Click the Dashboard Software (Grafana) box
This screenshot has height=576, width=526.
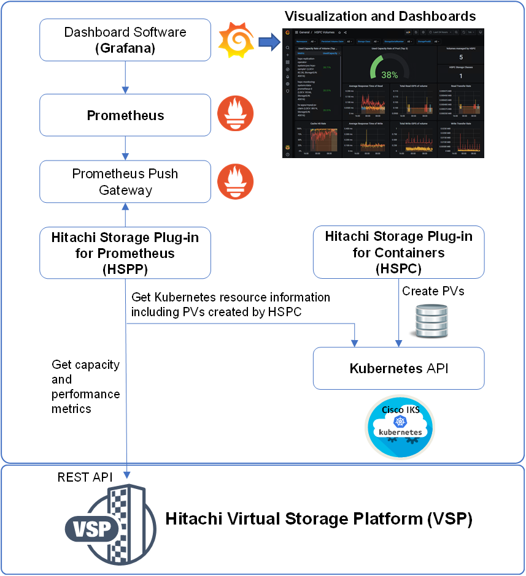125,39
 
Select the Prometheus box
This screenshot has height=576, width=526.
125,115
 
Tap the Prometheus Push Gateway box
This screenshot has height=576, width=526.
125,181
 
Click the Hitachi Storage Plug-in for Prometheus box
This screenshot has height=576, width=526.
125,252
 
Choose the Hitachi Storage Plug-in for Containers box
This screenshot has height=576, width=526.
398,252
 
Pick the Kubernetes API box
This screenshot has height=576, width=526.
398,368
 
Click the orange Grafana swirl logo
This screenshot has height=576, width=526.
236,40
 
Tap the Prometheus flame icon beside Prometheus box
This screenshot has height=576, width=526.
236,115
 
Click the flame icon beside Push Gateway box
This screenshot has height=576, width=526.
236,181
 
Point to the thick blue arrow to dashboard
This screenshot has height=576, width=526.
268,42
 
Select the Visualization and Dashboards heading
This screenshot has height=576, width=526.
380,15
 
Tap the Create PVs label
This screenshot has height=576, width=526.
433,291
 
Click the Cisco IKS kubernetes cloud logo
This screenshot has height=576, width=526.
400,426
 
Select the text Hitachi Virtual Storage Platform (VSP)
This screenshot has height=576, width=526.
319,520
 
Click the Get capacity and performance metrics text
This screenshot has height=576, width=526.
85,387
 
